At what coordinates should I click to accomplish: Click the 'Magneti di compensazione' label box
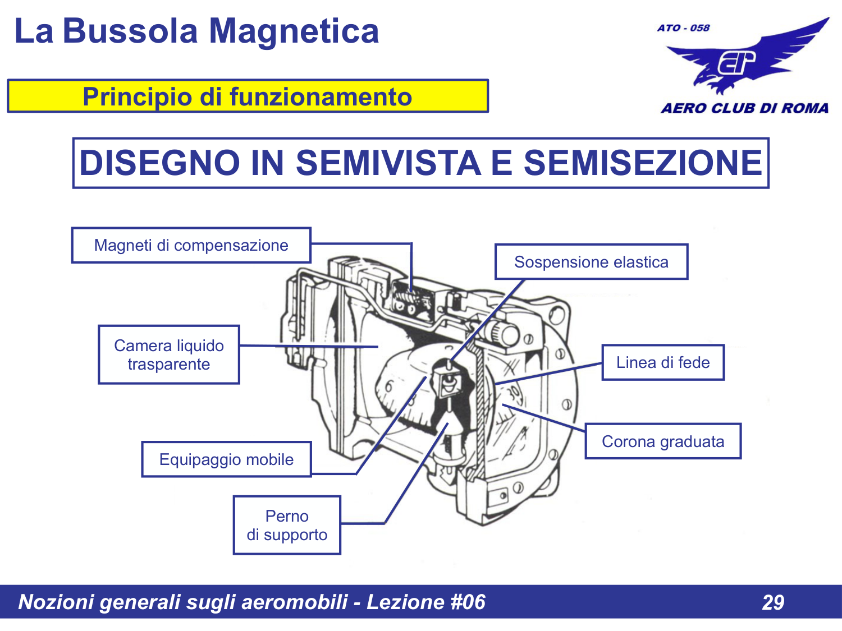191,245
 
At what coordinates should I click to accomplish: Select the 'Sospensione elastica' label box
591,262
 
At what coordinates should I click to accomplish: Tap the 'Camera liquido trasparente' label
169,354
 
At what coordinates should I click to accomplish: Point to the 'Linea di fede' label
663,362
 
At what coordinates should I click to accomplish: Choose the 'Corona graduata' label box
663,441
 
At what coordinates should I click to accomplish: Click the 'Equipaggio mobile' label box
226,459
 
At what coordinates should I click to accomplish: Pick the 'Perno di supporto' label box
287,525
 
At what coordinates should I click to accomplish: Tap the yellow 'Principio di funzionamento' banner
248,96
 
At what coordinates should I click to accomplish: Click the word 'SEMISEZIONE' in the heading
642,163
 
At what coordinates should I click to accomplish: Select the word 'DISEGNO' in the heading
159,163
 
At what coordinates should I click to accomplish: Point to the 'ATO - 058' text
683,27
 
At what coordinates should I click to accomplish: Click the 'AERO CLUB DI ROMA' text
744,108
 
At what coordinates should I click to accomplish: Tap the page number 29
773,602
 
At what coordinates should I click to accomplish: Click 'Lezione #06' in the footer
425,602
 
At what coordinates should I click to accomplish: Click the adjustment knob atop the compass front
504,334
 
